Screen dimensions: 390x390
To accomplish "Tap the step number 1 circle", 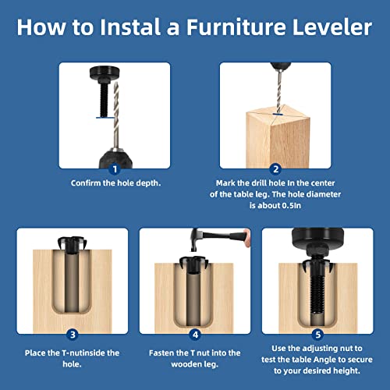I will pos(115,168).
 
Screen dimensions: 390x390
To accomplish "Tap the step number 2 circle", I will pos(275,168).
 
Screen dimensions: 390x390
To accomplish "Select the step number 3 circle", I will pos(71,334).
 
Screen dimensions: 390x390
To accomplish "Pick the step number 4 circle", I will pos(194,334).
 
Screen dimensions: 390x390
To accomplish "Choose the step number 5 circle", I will pos(317,334).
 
